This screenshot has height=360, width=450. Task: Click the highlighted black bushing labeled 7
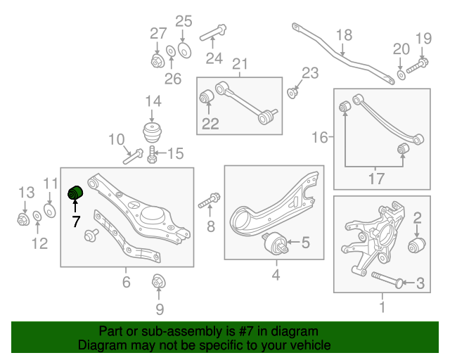point(75,192)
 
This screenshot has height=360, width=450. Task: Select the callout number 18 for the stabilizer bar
point(343,34)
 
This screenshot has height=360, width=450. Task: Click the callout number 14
point(153,103)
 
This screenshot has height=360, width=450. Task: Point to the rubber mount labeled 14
point(152,133)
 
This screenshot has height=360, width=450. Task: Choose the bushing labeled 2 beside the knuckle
point(419,245)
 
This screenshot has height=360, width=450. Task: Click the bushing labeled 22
point(207,96)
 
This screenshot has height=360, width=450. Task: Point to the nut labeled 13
point(22,219)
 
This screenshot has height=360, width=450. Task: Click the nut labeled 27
point(157,60)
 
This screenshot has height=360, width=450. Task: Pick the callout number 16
point(319,137)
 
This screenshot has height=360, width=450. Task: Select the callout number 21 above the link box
point(240,65)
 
